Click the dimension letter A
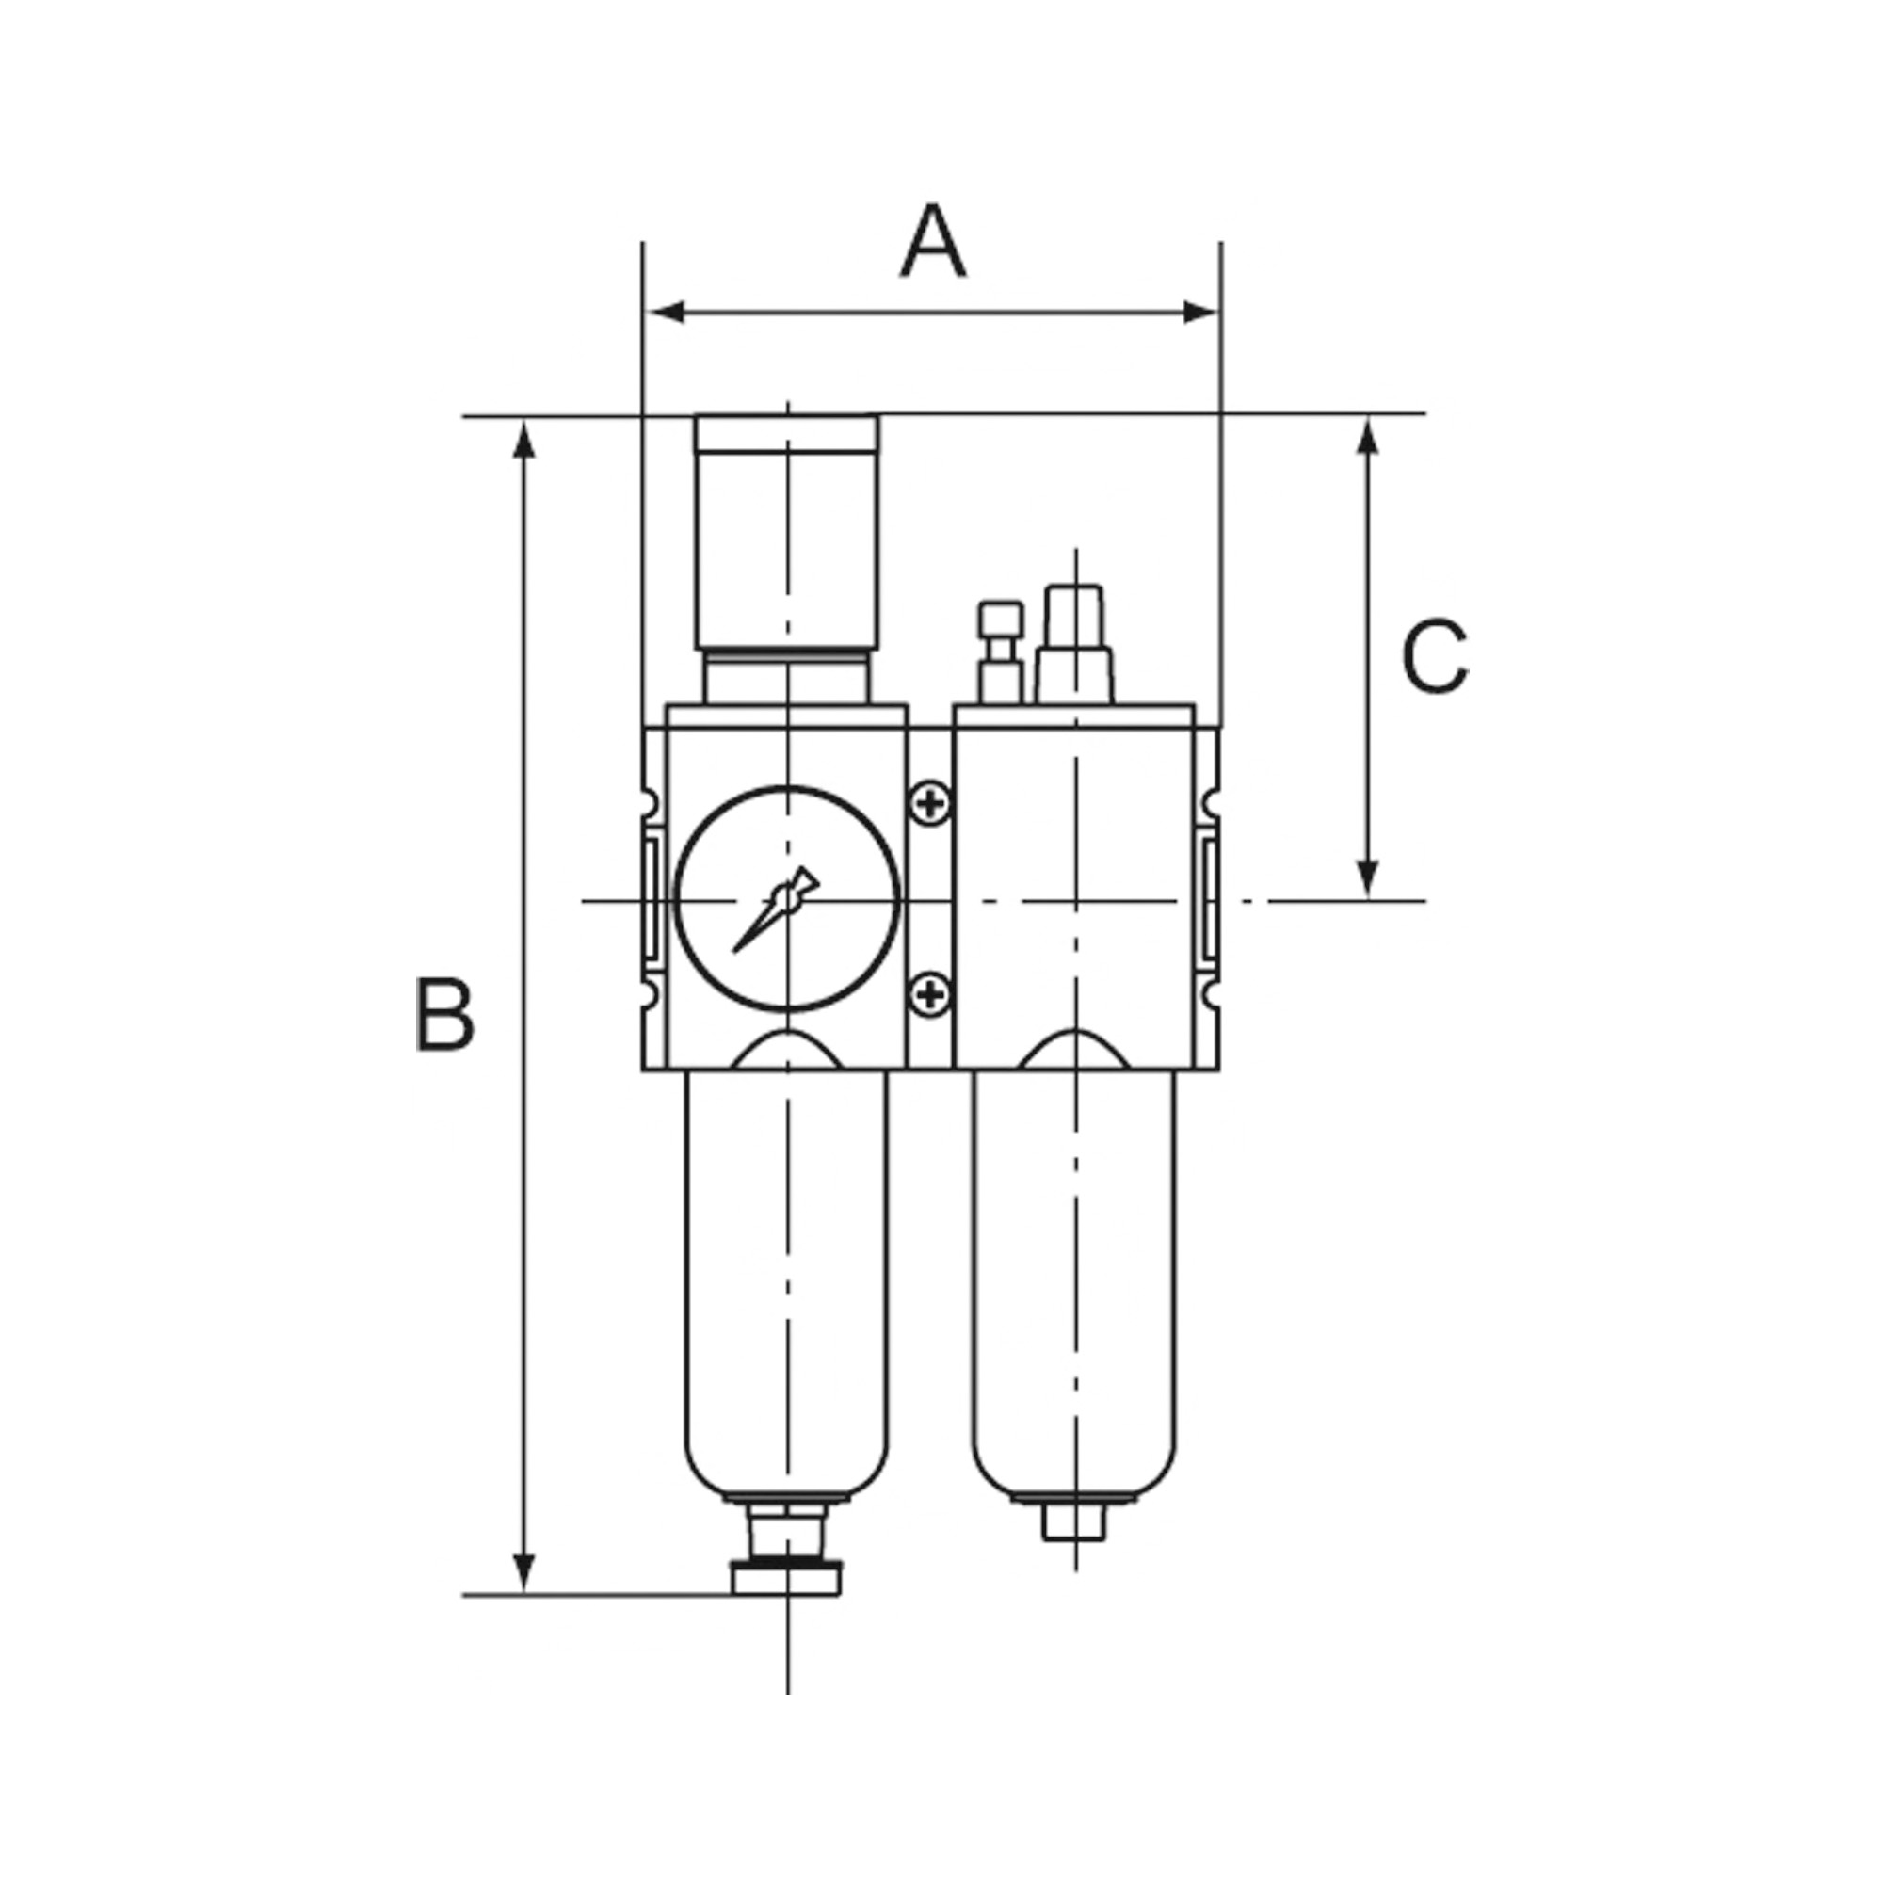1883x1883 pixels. (x=933, y=242)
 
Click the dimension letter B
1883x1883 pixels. (x=444, y=1016)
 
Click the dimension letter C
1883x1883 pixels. (x=1434, y=656)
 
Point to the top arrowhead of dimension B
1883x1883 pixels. (x=524, y=441)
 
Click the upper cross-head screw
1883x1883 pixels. (x=932, y=803)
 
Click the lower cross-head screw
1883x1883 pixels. (x=932, y=994)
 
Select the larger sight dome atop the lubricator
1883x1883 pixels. (x=1074, y=643)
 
